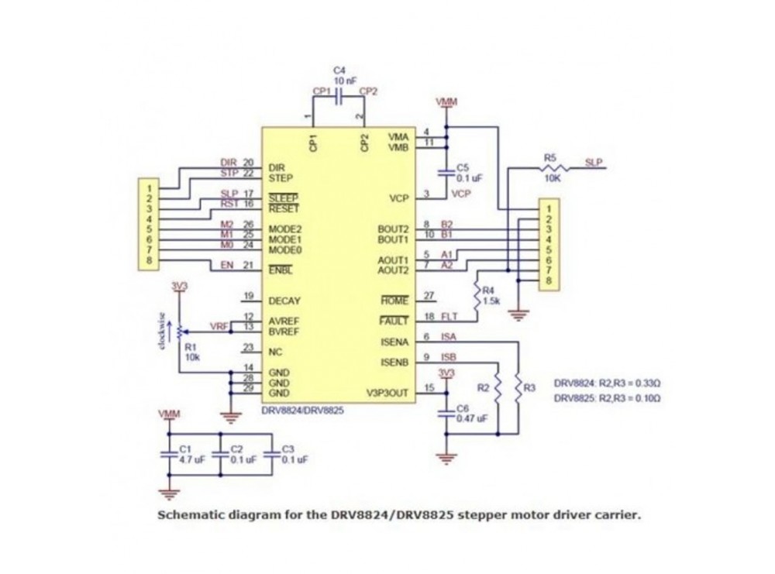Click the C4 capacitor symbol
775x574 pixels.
339,94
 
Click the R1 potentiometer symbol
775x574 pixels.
180,329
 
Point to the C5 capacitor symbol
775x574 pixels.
446,171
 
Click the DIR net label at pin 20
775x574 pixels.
228,163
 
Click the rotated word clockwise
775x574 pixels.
162,330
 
